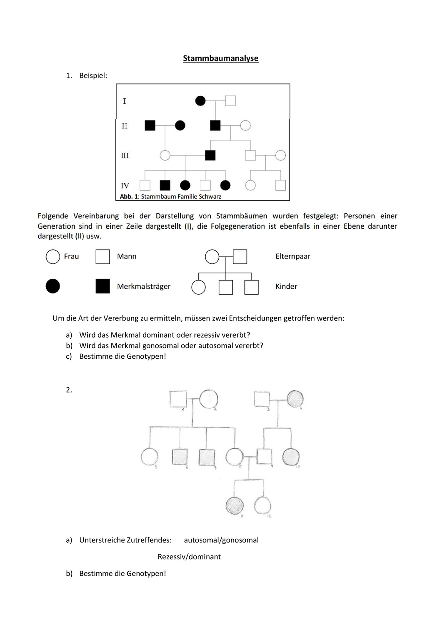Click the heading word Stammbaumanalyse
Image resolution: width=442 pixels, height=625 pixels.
pyautogui.click(x=220, y=58)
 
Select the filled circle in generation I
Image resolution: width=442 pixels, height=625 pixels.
pyautogui.click(x=200, y=101)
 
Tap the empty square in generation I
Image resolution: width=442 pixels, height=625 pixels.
pyautogui.click(x=230, y=101)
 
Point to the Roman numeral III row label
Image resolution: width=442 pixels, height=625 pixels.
pyautogui.click(x=125, y=156)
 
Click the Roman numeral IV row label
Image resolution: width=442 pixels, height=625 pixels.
pyautogui.click(x=125, y=186)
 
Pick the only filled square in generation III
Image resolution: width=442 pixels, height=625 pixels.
pyautogui.click(x=210, y=155)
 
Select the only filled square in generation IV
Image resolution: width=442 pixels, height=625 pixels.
pyautogui.click(x=165, y=185)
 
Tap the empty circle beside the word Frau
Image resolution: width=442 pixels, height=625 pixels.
pyautogui.click(x=53, y=257)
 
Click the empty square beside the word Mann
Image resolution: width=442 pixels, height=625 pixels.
pyautogui.click(x=103, y=257)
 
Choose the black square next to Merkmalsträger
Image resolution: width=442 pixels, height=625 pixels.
pyautogui.click(x=103, y=286)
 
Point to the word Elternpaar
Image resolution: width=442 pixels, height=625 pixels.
pyautogui.click(x=293, y=257)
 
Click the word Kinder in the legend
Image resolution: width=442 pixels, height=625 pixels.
pyautogui.click(x=286, y=287)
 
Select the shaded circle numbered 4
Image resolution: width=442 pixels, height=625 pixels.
pyautogui.click(x=295, y=399)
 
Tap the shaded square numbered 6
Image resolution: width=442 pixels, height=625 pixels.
pyautogui.click(x=180, y=457)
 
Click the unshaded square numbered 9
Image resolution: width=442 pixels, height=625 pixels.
pyautogui.click(x=264, y=457)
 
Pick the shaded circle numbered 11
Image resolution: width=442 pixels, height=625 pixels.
pyautogui.click(x=235, y=505)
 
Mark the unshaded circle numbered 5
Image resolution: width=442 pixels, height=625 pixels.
pyautogui.click(x=150, y=457)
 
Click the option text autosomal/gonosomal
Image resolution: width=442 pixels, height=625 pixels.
pyautogui.click(x=221, y=540)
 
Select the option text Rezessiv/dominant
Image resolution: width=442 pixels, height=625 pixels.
pyautogui.click(x=189, y=557)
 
